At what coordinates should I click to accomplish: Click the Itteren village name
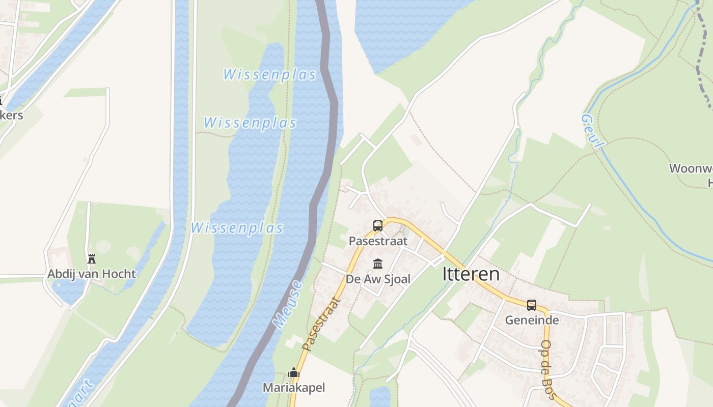tap(471, 274)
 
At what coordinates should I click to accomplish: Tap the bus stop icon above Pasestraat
tap(378, 225)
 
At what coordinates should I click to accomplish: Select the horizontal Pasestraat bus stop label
tap(378, 241)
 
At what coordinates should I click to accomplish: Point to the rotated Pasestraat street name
tap(322, 324)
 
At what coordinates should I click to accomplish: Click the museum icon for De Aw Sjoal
tap(378, 264)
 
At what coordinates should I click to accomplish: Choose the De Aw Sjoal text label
tap(378, 279)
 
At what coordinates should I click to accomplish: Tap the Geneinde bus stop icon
tap(532, 305)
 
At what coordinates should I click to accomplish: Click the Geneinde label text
tap(532, 320)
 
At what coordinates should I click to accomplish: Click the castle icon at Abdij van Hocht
tap(92, 258)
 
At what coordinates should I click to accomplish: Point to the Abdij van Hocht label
tap(92, 274)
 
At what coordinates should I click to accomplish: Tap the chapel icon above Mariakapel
tap(294, 373)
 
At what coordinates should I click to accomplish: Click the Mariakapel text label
tap(294, 388)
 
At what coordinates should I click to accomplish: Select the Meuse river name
tap(288, 304)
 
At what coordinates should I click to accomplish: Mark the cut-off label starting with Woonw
tap(691, 168)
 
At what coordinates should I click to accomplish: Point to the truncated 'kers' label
tap(11, 115)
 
